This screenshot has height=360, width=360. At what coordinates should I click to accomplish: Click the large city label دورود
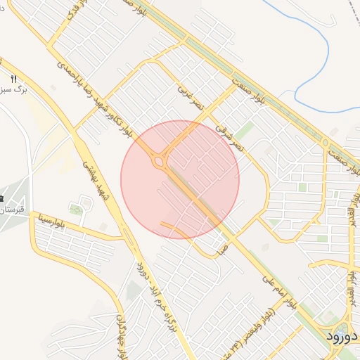click(x=342, y=336)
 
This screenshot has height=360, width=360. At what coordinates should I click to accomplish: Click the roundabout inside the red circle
click(x=159, y=162)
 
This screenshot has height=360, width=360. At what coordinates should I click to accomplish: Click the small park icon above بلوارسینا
click(x=75, y=209)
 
